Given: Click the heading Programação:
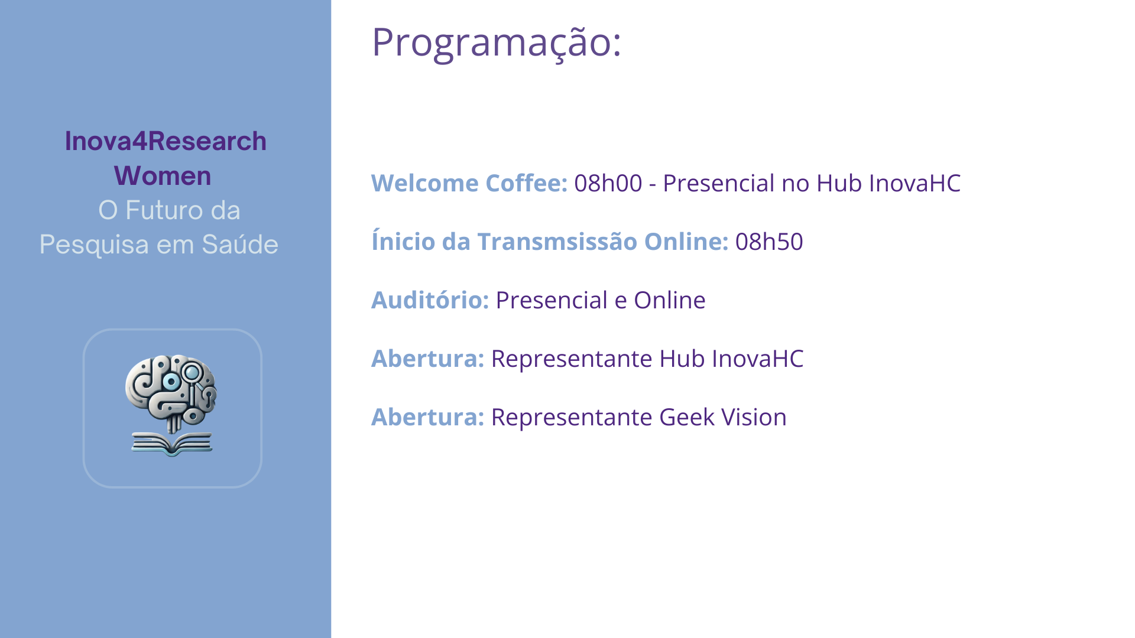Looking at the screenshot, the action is click(x=497, y=43).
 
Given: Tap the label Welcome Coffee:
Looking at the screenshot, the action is click(x=469, y=184).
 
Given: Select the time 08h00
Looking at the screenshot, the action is click(x=608, y=184).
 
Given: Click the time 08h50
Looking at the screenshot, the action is click(x=769, y=242).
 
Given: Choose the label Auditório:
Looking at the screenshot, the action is click(x=430, y=300).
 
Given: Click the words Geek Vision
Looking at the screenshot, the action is click(x=723, y=417).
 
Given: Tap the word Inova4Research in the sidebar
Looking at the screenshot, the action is click(x=166, y=141).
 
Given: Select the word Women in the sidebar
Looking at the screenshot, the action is click(x=163, y=176).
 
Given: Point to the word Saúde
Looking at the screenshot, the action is click(x=240, y=245).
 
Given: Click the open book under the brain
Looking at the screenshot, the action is click(x=172, y=444).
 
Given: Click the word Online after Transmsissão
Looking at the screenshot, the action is click(x=686, y=242).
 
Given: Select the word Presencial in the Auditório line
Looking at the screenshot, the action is click(x=550, y=300).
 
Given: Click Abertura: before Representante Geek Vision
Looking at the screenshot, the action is click(x=427, y=417).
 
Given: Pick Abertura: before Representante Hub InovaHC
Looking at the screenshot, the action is click(x=427, y=359).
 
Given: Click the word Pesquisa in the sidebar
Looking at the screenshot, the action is click(x=94, y=245).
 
